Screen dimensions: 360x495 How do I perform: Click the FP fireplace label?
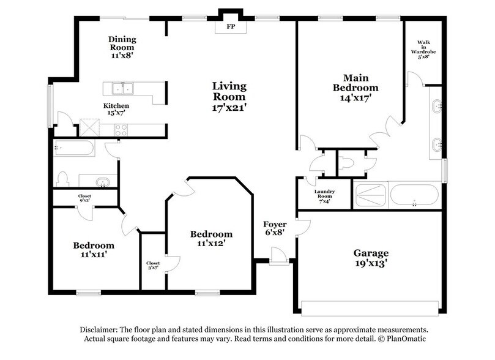click(230, 28)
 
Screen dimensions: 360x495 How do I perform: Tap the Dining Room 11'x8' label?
click(123, 47)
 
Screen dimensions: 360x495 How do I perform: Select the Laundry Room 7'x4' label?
click(324, 195)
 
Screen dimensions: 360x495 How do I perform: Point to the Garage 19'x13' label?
click(371, 258)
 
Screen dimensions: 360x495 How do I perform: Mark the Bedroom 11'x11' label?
click(94, 250)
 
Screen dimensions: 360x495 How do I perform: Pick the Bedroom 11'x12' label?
click(211, 238)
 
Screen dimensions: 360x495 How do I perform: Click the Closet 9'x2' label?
click(84, 198)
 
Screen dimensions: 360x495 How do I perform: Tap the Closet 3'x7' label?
click(153, 264)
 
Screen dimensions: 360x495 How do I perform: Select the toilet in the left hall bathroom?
click(62, 179)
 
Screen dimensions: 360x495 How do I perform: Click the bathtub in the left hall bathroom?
click(73, 148)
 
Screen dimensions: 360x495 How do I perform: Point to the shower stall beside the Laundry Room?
click(370, 196)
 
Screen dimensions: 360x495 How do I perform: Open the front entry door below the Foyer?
click(279, 256)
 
